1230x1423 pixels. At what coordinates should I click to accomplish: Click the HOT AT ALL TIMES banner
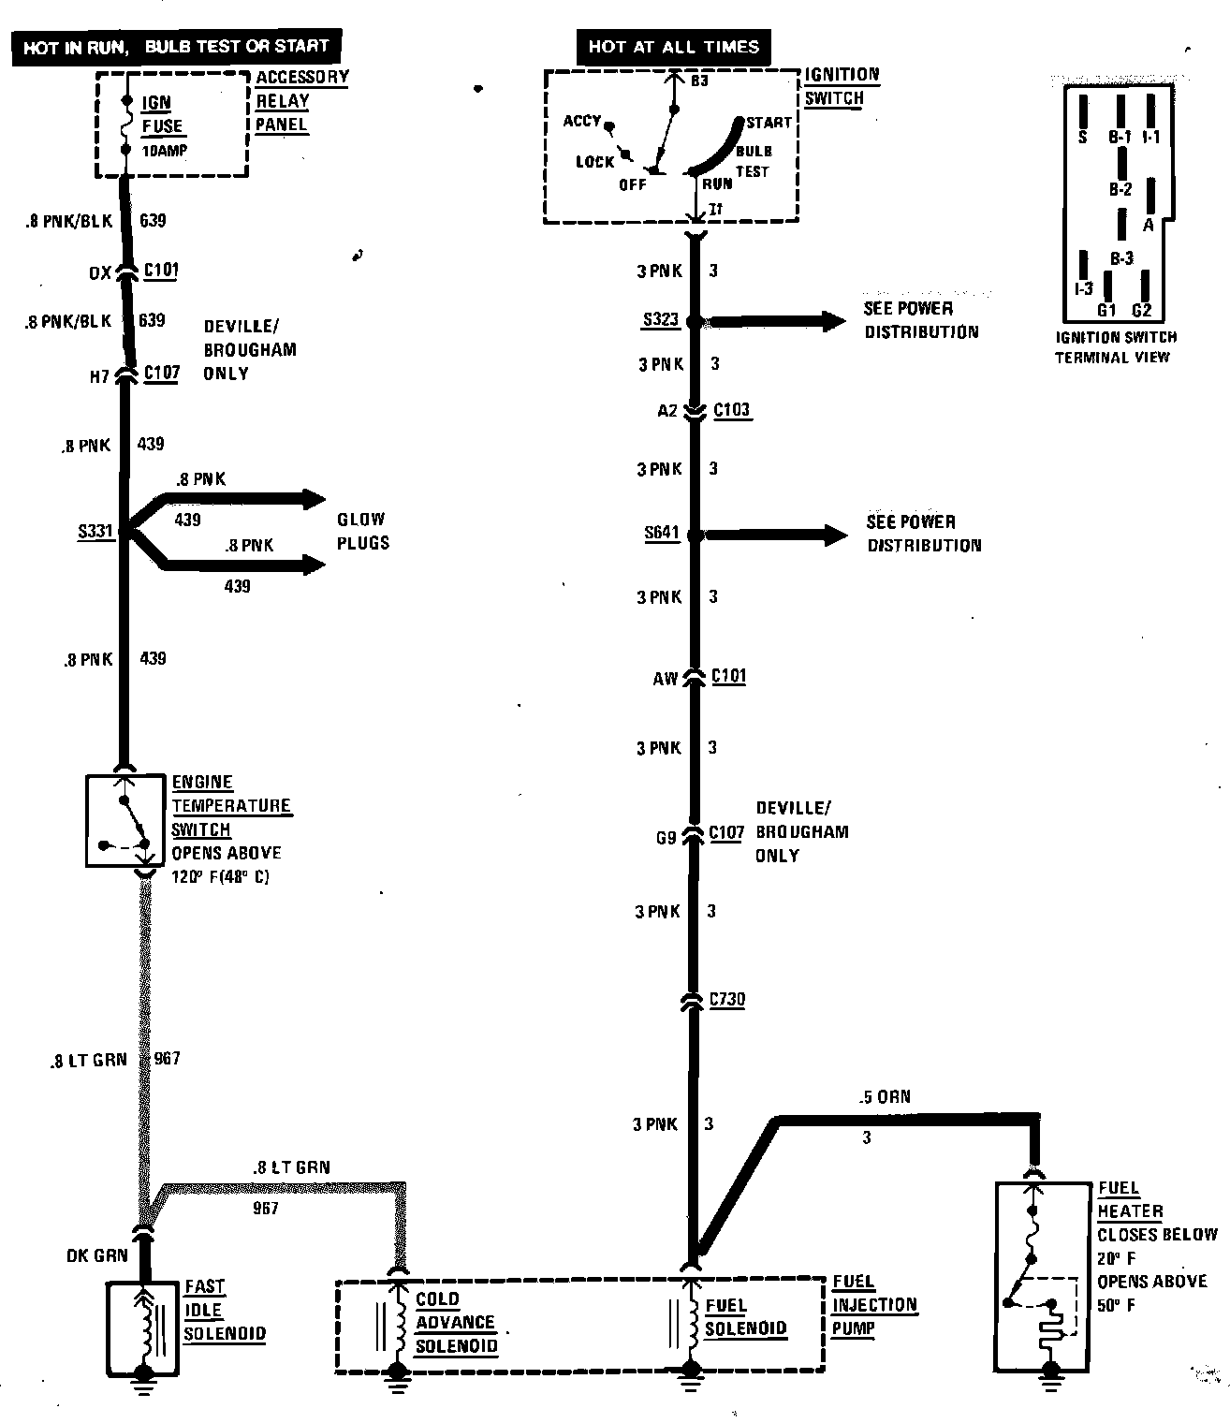point(674,46)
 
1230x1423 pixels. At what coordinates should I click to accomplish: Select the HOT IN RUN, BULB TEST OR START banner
point(176,46)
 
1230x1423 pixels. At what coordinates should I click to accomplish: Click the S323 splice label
point(660,320)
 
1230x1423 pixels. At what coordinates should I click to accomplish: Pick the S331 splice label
point(95,532)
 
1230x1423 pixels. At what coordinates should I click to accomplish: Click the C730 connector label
point(727,999)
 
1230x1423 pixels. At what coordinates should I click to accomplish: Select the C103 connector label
point(732,409)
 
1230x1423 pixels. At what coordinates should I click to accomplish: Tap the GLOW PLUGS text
point(362,531)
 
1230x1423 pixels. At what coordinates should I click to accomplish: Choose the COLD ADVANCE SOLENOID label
point(456,1322)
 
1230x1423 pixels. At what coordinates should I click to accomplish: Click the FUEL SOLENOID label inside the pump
point(745,1317)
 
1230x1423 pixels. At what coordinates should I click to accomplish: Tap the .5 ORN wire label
point(885,1096)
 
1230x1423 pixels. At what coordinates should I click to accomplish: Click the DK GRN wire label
point(97,1255)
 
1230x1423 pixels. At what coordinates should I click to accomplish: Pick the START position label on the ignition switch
point(769,123)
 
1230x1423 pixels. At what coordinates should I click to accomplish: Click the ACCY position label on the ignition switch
point(581,121)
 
